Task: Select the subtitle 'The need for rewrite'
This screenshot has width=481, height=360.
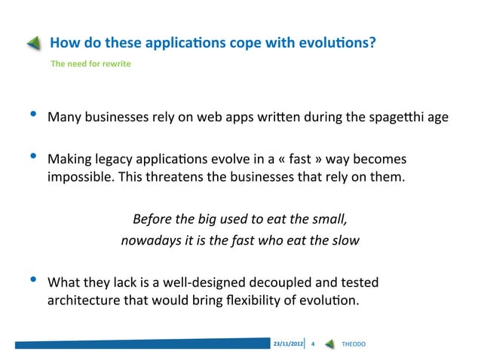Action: (x=90, y=63)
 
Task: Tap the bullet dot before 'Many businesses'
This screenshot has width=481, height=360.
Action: (x=32, y=115)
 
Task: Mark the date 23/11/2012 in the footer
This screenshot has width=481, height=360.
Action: (x=288, y=344)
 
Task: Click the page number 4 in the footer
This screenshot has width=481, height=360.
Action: (x=313, y=344)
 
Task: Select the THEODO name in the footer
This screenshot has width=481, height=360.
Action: (x=354, y=344)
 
